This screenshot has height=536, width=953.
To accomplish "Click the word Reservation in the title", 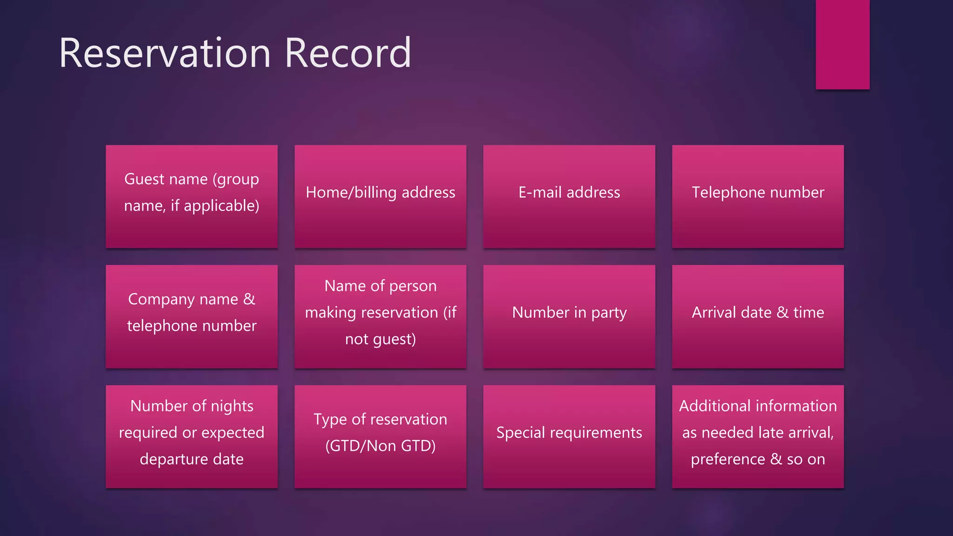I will [165, 53].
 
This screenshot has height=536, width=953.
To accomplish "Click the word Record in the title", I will [348, 53].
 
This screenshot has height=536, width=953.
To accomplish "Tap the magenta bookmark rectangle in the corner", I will [842, 44].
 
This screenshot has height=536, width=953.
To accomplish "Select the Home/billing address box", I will [380, 196].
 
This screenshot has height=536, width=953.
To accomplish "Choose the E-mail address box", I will [569, 196].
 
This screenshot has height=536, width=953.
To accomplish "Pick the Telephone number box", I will [758, 196].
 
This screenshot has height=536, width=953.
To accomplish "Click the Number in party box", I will [569, 316].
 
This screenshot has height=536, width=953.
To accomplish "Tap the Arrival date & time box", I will [758, 316].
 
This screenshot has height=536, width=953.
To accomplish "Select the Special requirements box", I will [569, 436].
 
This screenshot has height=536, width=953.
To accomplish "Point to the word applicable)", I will [221, 206].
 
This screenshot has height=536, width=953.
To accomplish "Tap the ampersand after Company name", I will [249, 299].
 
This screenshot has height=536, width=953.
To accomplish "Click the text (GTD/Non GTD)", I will [380, 446].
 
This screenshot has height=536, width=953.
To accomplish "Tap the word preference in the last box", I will [728, 460].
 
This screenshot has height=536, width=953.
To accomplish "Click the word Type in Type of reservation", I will [330, 420].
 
